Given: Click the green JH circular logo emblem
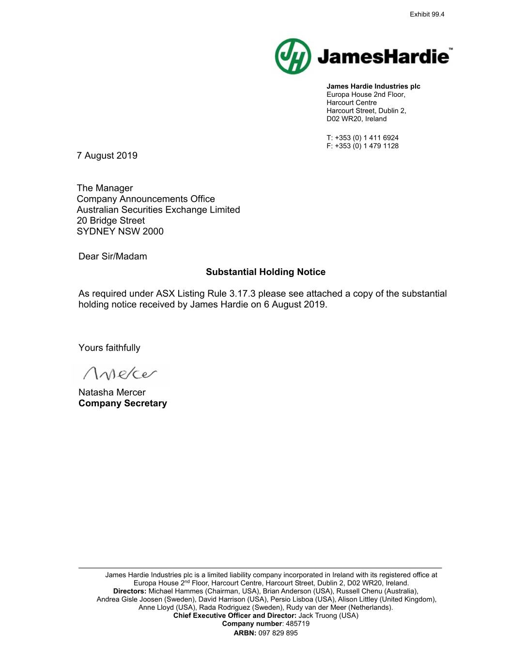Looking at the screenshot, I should [293, 57].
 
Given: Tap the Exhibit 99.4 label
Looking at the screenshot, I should [427, 15].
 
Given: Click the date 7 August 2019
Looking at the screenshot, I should [107, 155].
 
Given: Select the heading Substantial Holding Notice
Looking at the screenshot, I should [265, 272].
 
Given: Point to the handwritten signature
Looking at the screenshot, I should [120, 374].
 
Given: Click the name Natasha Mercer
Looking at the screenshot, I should [112, 392].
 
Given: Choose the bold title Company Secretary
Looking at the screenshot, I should [123, 403].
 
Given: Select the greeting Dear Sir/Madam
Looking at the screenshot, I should [112, 257].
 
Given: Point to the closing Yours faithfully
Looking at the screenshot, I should [109, 348].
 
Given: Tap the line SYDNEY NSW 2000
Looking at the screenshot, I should [120, 231].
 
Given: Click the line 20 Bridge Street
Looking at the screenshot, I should [110, 221].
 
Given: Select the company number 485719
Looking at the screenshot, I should [298, 624].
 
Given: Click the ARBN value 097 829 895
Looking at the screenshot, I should [278, 633].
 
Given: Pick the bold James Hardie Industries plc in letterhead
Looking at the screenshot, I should [373, 86].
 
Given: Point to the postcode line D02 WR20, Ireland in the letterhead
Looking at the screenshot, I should [356, 119].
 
